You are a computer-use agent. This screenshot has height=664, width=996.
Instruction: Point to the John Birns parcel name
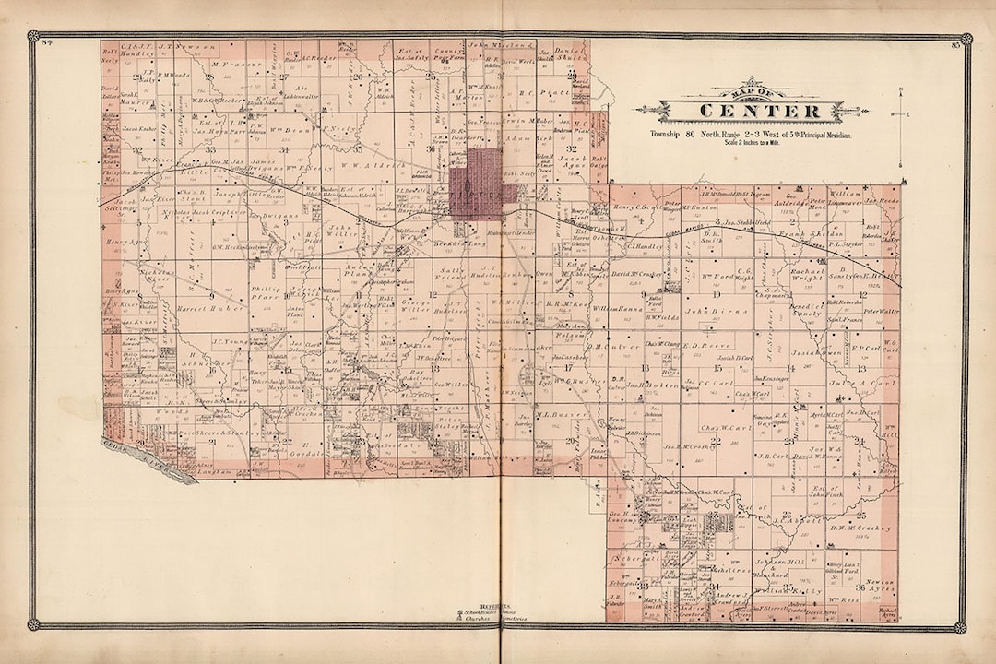[x=706, y=312]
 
